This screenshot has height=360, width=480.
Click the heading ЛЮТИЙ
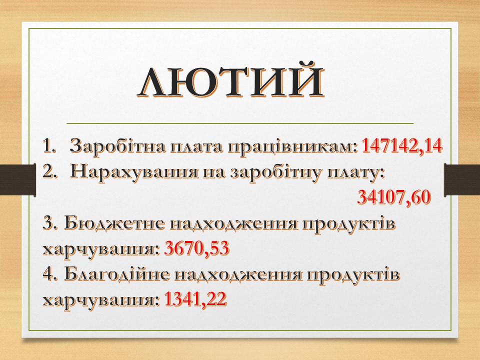230,80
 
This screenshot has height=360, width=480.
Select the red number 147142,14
402,146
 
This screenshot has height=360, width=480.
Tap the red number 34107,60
394,197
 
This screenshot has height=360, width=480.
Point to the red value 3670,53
197,248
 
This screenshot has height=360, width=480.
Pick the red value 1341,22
195,299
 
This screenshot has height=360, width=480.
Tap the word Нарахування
133,172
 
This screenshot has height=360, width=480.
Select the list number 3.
50,223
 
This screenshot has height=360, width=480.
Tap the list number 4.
50,274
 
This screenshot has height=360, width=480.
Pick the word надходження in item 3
233,224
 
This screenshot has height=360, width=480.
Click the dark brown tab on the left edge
18,179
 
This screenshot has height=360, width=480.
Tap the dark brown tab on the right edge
462,179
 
